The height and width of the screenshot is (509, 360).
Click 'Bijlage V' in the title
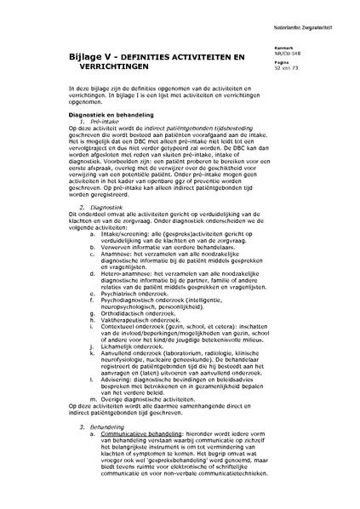point(91,55)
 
